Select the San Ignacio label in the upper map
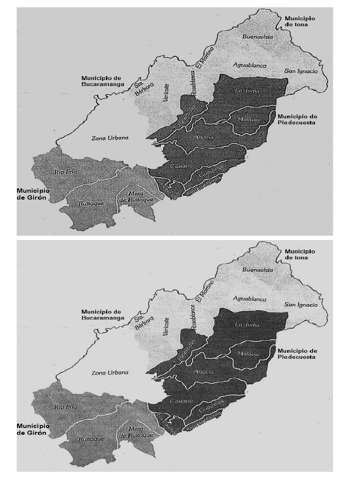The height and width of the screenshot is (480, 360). coord(301,71)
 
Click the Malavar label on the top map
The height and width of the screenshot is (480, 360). coord(248,119)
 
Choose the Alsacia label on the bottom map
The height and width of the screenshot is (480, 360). coord(203,371)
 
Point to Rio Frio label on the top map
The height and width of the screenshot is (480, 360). coord(65,172)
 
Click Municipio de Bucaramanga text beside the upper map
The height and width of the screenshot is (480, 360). coord(102,81)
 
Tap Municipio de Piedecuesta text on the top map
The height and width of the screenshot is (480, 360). coord(297,119)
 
